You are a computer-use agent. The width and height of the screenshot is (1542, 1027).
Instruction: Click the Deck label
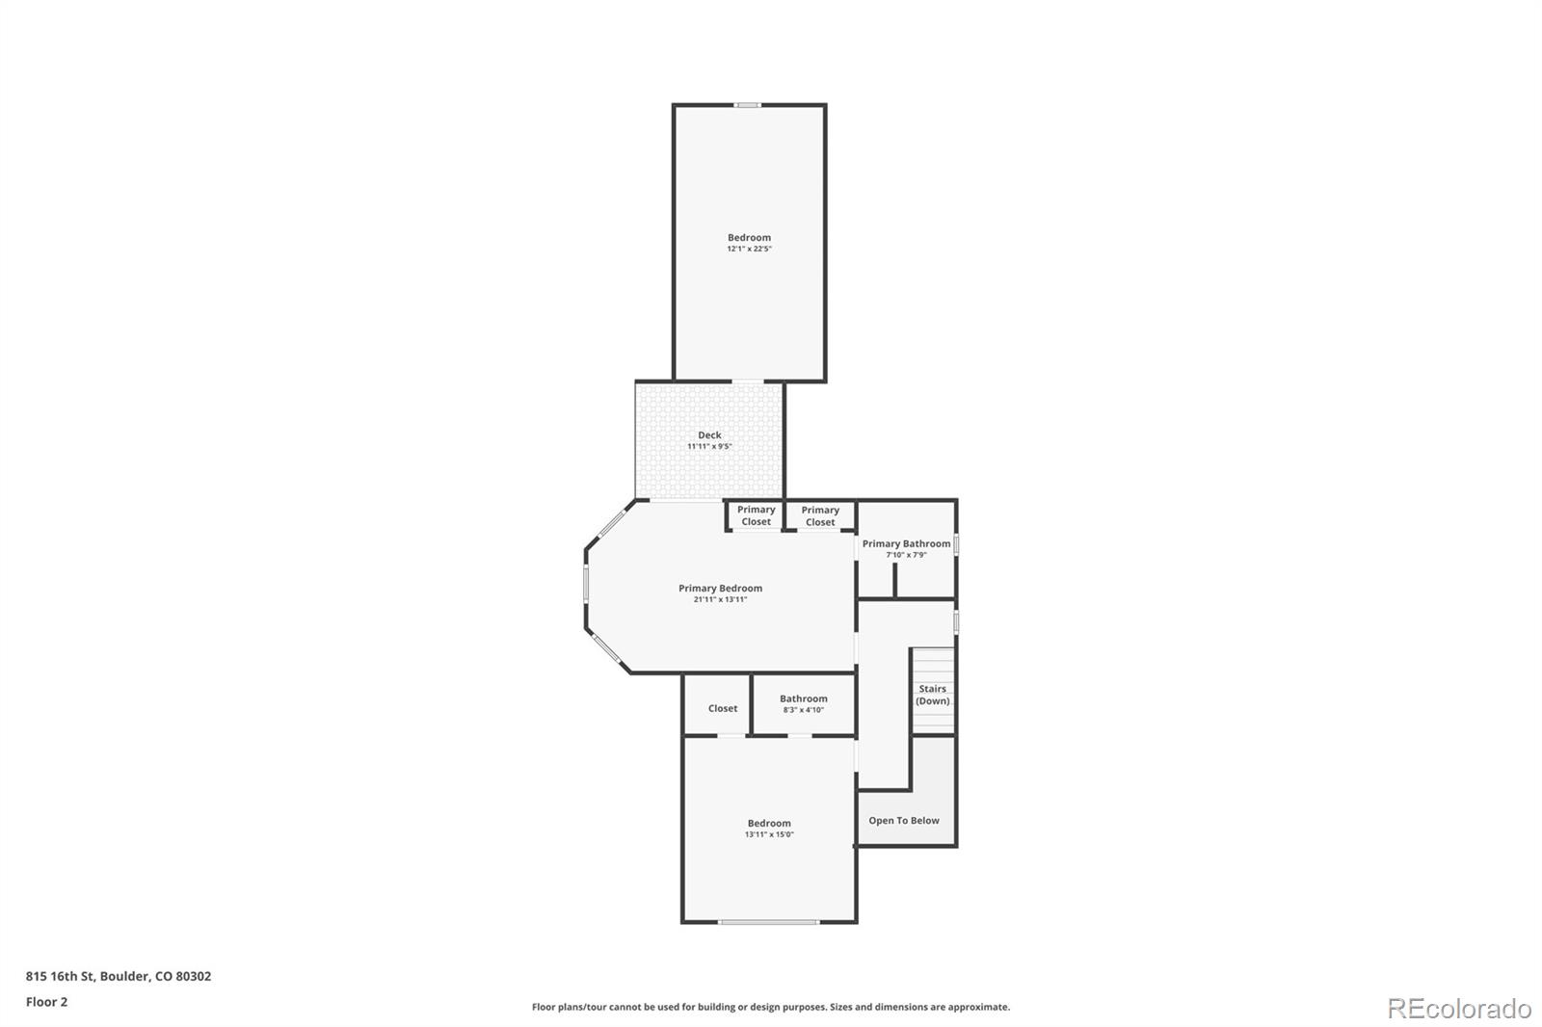(709, 435)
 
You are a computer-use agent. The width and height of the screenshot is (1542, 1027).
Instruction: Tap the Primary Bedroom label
(720, 589)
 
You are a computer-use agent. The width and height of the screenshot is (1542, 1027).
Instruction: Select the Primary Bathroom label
(906, 544)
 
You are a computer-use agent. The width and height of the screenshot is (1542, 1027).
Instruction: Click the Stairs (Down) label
(932, 695)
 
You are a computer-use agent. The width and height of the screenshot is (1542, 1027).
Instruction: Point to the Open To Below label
(904, 821)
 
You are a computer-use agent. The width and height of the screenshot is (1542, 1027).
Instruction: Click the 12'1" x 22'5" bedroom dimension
(749, 250)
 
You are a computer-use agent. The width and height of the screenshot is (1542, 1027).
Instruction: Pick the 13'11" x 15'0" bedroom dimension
(769, 835)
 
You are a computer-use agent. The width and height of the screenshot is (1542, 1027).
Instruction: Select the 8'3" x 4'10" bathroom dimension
(803, 710)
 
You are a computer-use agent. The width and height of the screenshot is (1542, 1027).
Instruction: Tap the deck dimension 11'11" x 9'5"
(709, 447)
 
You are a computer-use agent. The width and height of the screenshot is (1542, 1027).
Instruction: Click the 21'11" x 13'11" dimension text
(720, 600)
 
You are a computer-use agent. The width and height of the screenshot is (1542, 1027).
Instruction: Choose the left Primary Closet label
(756, 515)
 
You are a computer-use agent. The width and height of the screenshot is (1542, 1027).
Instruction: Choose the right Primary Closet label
(820, 516)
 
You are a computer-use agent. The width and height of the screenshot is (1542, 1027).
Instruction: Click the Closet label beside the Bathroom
(723, 708)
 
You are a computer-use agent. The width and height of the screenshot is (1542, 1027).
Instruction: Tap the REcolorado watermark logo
(1459, 1008)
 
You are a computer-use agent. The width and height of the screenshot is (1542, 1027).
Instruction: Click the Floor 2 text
(46, 1002)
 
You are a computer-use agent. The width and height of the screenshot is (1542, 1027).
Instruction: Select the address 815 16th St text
(118, 976)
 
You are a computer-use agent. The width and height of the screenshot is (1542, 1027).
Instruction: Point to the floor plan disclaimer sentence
(771, 1007)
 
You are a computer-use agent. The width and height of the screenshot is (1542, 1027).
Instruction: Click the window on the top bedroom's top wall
(748, 105)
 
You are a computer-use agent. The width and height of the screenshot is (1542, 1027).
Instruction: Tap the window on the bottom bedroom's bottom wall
(768, 922)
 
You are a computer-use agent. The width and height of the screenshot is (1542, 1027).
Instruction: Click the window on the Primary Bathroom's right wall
(956, 544)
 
